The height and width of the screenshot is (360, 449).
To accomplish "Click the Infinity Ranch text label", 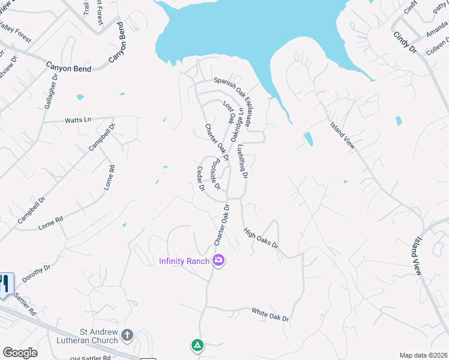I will point(184,260).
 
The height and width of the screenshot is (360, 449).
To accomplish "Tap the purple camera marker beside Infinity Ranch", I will point(218,260).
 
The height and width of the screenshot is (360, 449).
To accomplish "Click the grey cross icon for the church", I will point(127,334).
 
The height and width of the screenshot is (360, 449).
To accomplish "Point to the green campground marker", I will point(197,345).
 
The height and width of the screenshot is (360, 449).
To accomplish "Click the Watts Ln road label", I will point(79,120).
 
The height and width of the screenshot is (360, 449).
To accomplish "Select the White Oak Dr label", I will point(270,314).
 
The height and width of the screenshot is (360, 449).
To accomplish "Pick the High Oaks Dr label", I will point(261,238).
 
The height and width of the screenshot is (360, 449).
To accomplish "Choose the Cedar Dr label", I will point(201,179).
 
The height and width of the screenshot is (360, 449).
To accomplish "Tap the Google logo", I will point(20,353).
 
